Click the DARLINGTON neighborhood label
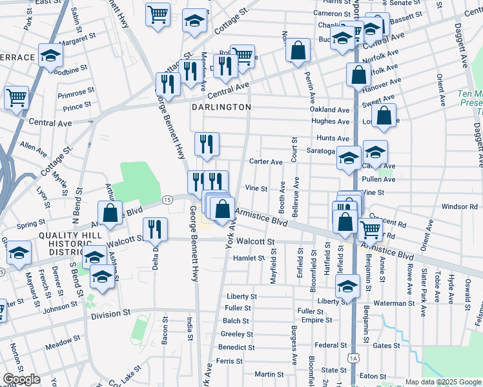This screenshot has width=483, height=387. pyautogui.click(x=221, y=107)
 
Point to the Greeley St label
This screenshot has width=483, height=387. pyautogui.click(x=237, y=334)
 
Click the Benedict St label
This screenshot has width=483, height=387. pyautogui.click(x=236, y=347)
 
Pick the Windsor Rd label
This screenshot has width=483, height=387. pyautogui.click(x=459, y=207)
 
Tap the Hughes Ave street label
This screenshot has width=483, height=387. pyautogui.click(x=330, y=121)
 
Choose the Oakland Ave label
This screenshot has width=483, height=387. pyautogui.click(x=329, y=110)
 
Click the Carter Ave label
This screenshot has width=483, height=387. pyautogui.click(x=267, y=162)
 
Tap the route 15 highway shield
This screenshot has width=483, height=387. pyautogui.click(x=167, y=201)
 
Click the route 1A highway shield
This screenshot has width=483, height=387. pyautogui.click(x=353, y=357)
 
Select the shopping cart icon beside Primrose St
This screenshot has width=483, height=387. pyautogui.click(x=16, y=98)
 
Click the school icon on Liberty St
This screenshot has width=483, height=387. pyautogui.click(x=347, y=286)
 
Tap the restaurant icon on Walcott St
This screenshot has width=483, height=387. pyautogui.click(x=155, y=230)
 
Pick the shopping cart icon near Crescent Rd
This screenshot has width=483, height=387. pyautogui.click(x=370, y=229)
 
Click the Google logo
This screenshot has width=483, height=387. pyautogui.click(x=22, y=379)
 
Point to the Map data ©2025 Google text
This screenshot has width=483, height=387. pyautogui.click(x=443, y=382)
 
